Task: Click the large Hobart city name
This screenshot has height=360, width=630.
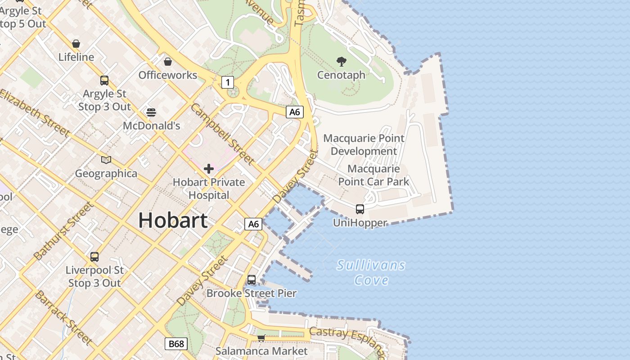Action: (173, 220)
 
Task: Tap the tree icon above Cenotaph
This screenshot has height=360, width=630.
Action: (342, 61)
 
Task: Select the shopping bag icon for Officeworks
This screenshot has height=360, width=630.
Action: (168, 61)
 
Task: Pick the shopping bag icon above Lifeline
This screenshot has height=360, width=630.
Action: (76, 44)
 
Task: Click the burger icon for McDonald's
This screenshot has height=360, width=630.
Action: (151, 112)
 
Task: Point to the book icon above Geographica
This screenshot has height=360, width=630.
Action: (106, 160)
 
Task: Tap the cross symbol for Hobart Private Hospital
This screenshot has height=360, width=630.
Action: (209, 169)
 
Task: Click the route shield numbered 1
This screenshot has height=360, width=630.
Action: (228, 82)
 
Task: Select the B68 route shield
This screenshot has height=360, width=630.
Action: (175, 344)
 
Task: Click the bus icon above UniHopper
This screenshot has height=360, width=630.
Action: (360, 209)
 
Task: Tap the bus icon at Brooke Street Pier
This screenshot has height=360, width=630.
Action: (252, 279)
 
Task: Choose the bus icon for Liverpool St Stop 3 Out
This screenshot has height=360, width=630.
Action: (94, 256)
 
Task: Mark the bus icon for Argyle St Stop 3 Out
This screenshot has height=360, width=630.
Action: (104, 81)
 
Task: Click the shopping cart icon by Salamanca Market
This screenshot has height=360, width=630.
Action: (261, 337)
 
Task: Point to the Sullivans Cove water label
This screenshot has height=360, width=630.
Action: (371, 272)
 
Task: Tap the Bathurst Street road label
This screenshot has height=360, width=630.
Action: (63, 231)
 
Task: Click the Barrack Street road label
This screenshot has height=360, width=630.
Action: (63, 318)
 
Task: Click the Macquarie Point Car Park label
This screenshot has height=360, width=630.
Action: (373, 175)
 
